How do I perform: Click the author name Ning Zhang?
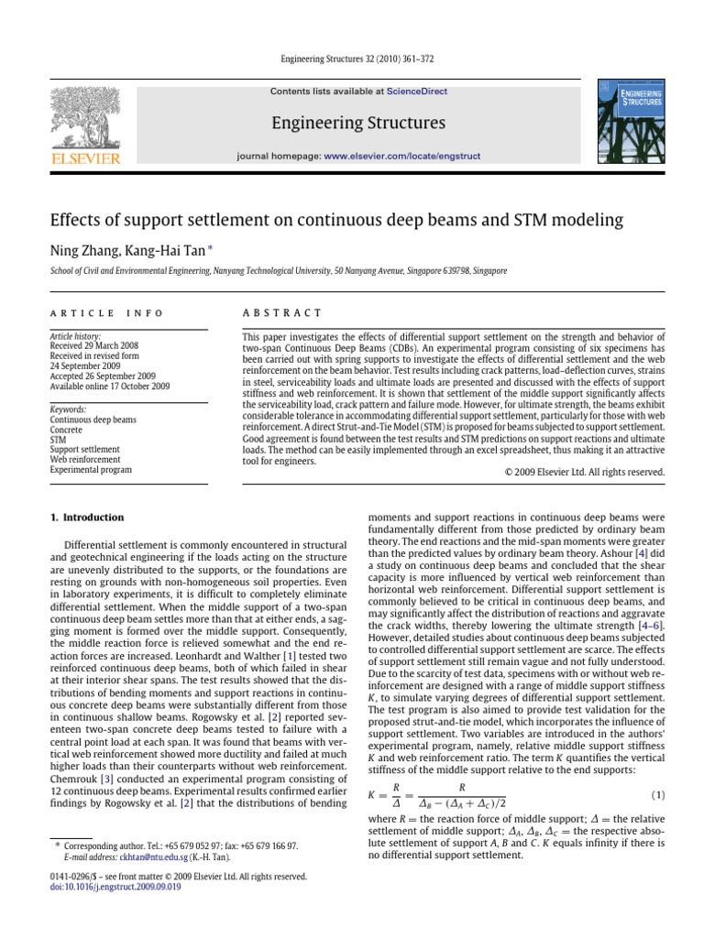pos(80,250)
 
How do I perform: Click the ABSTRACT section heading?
pos(282,313)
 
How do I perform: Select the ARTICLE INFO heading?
pos(106,313)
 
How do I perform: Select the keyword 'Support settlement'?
pos(85,450)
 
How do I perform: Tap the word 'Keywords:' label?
pos(69,409)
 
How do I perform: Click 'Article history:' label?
pos(76,337)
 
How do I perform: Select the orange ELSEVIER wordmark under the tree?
pos(85,158)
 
